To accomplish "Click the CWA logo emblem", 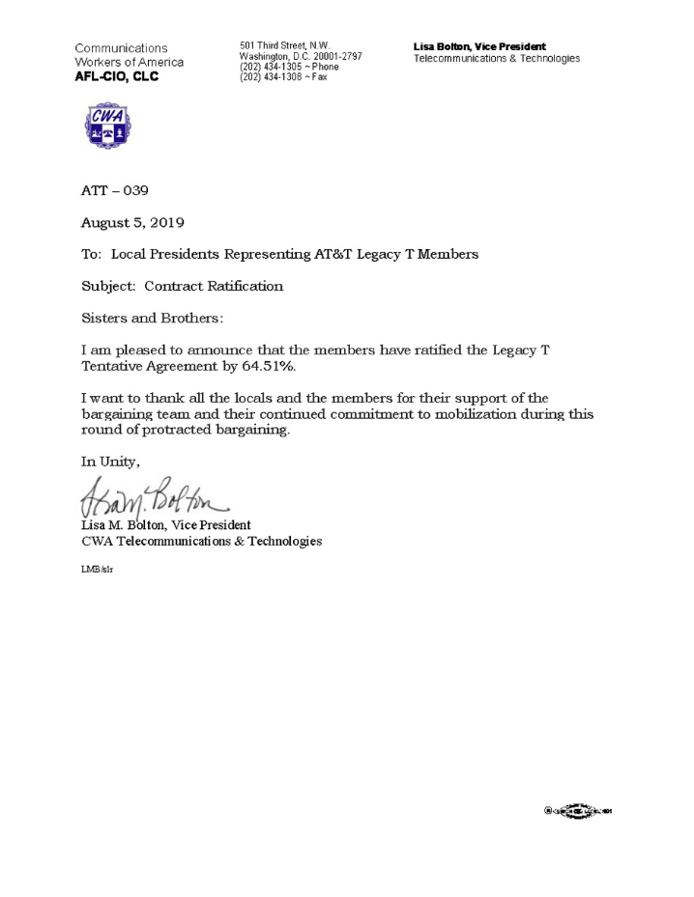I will click(x=108, y=126).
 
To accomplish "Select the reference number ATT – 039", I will click(x=115, y=191).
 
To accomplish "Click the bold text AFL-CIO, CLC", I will click(x=117, y=77).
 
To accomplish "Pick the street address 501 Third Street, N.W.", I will click(x=285, y=45).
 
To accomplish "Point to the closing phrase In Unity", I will click(x=110, y=462).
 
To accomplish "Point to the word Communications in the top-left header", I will click(x=121, y=48).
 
